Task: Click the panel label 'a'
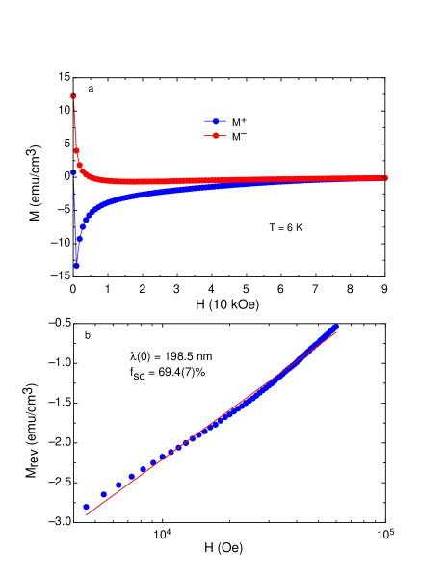(91, 90)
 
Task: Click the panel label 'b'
(88, 336)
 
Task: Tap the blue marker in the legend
(217, 121)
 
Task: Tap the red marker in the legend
(217, 137)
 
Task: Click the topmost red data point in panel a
(73, 95)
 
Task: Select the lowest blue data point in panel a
(76, 265)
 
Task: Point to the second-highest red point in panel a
(76, 150)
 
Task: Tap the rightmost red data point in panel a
(384, 177)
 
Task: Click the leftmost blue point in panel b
(87, 506)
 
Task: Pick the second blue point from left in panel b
(104, 494)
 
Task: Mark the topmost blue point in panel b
(336, 327)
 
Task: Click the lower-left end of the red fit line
(87, 515)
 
